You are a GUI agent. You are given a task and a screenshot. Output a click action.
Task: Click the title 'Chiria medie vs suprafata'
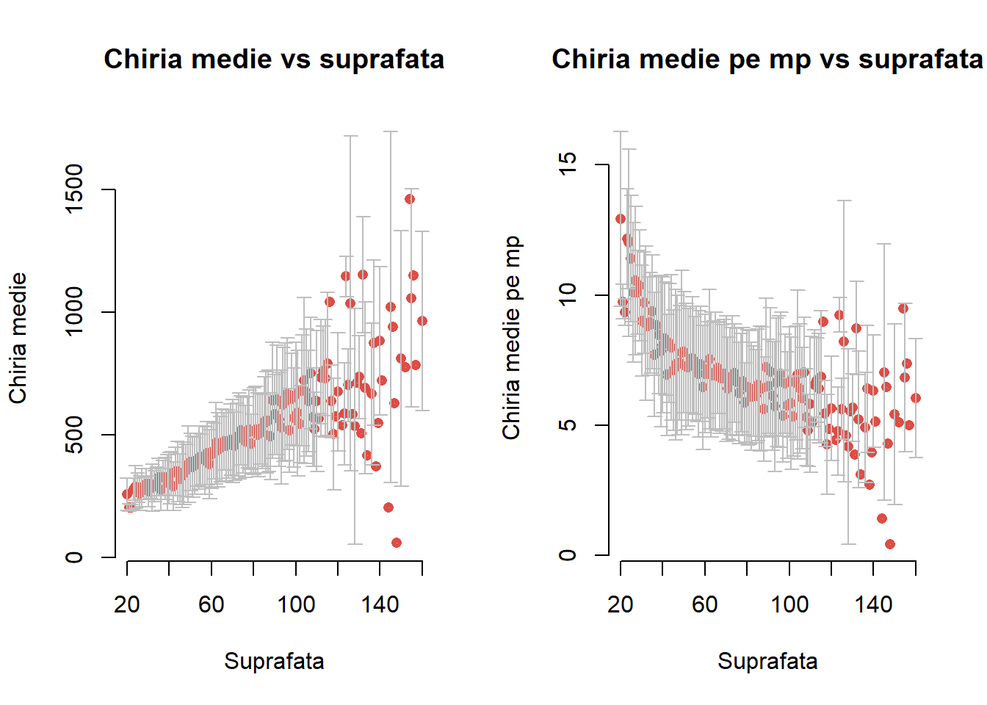274,59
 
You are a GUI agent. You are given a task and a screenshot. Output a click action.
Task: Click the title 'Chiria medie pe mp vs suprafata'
767,59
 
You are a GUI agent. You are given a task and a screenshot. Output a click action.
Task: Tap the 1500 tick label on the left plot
74,189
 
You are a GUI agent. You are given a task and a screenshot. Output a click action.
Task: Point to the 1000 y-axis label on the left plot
74,311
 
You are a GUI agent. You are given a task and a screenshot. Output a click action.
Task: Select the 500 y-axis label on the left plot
74,434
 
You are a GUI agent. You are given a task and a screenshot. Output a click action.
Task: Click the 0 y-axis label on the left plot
74,557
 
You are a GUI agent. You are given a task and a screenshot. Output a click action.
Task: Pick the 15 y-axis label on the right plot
568,164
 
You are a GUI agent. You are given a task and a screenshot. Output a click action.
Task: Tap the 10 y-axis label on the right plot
568,295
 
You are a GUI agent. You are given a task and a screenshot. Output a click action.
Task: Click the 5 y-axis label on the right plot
568,425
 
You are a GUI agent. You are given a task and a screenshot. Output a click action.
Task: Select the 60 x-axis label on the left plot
211,604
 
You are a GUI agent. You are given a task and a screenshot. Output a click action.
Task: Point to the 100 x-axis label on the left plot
296,604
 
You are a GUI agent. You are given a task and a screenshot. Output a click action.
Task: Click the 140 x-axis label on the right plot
873,604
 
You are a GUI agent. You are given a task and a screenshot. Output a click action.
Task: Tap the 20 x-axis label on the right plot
621,604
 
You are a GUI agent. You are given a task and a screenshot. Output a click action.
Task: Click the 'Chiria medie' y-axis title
18,338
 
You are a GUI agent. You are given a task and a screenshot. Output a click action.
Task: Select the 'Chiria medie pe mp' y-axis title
511,338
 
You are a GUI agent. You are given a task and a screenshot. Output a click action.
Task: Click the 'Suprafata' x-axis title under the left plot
274,661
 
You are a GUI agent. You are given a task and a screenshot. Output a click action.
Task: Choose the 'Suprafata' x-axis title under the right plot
767,661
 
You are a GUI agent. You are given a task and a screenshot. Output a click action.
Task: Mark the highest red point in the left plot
410,199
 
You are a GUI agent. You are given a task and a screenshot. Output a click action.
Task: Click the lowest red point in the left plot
397,543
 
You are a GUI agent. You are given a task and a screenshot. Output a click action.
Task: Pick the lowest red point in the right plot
890,544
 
